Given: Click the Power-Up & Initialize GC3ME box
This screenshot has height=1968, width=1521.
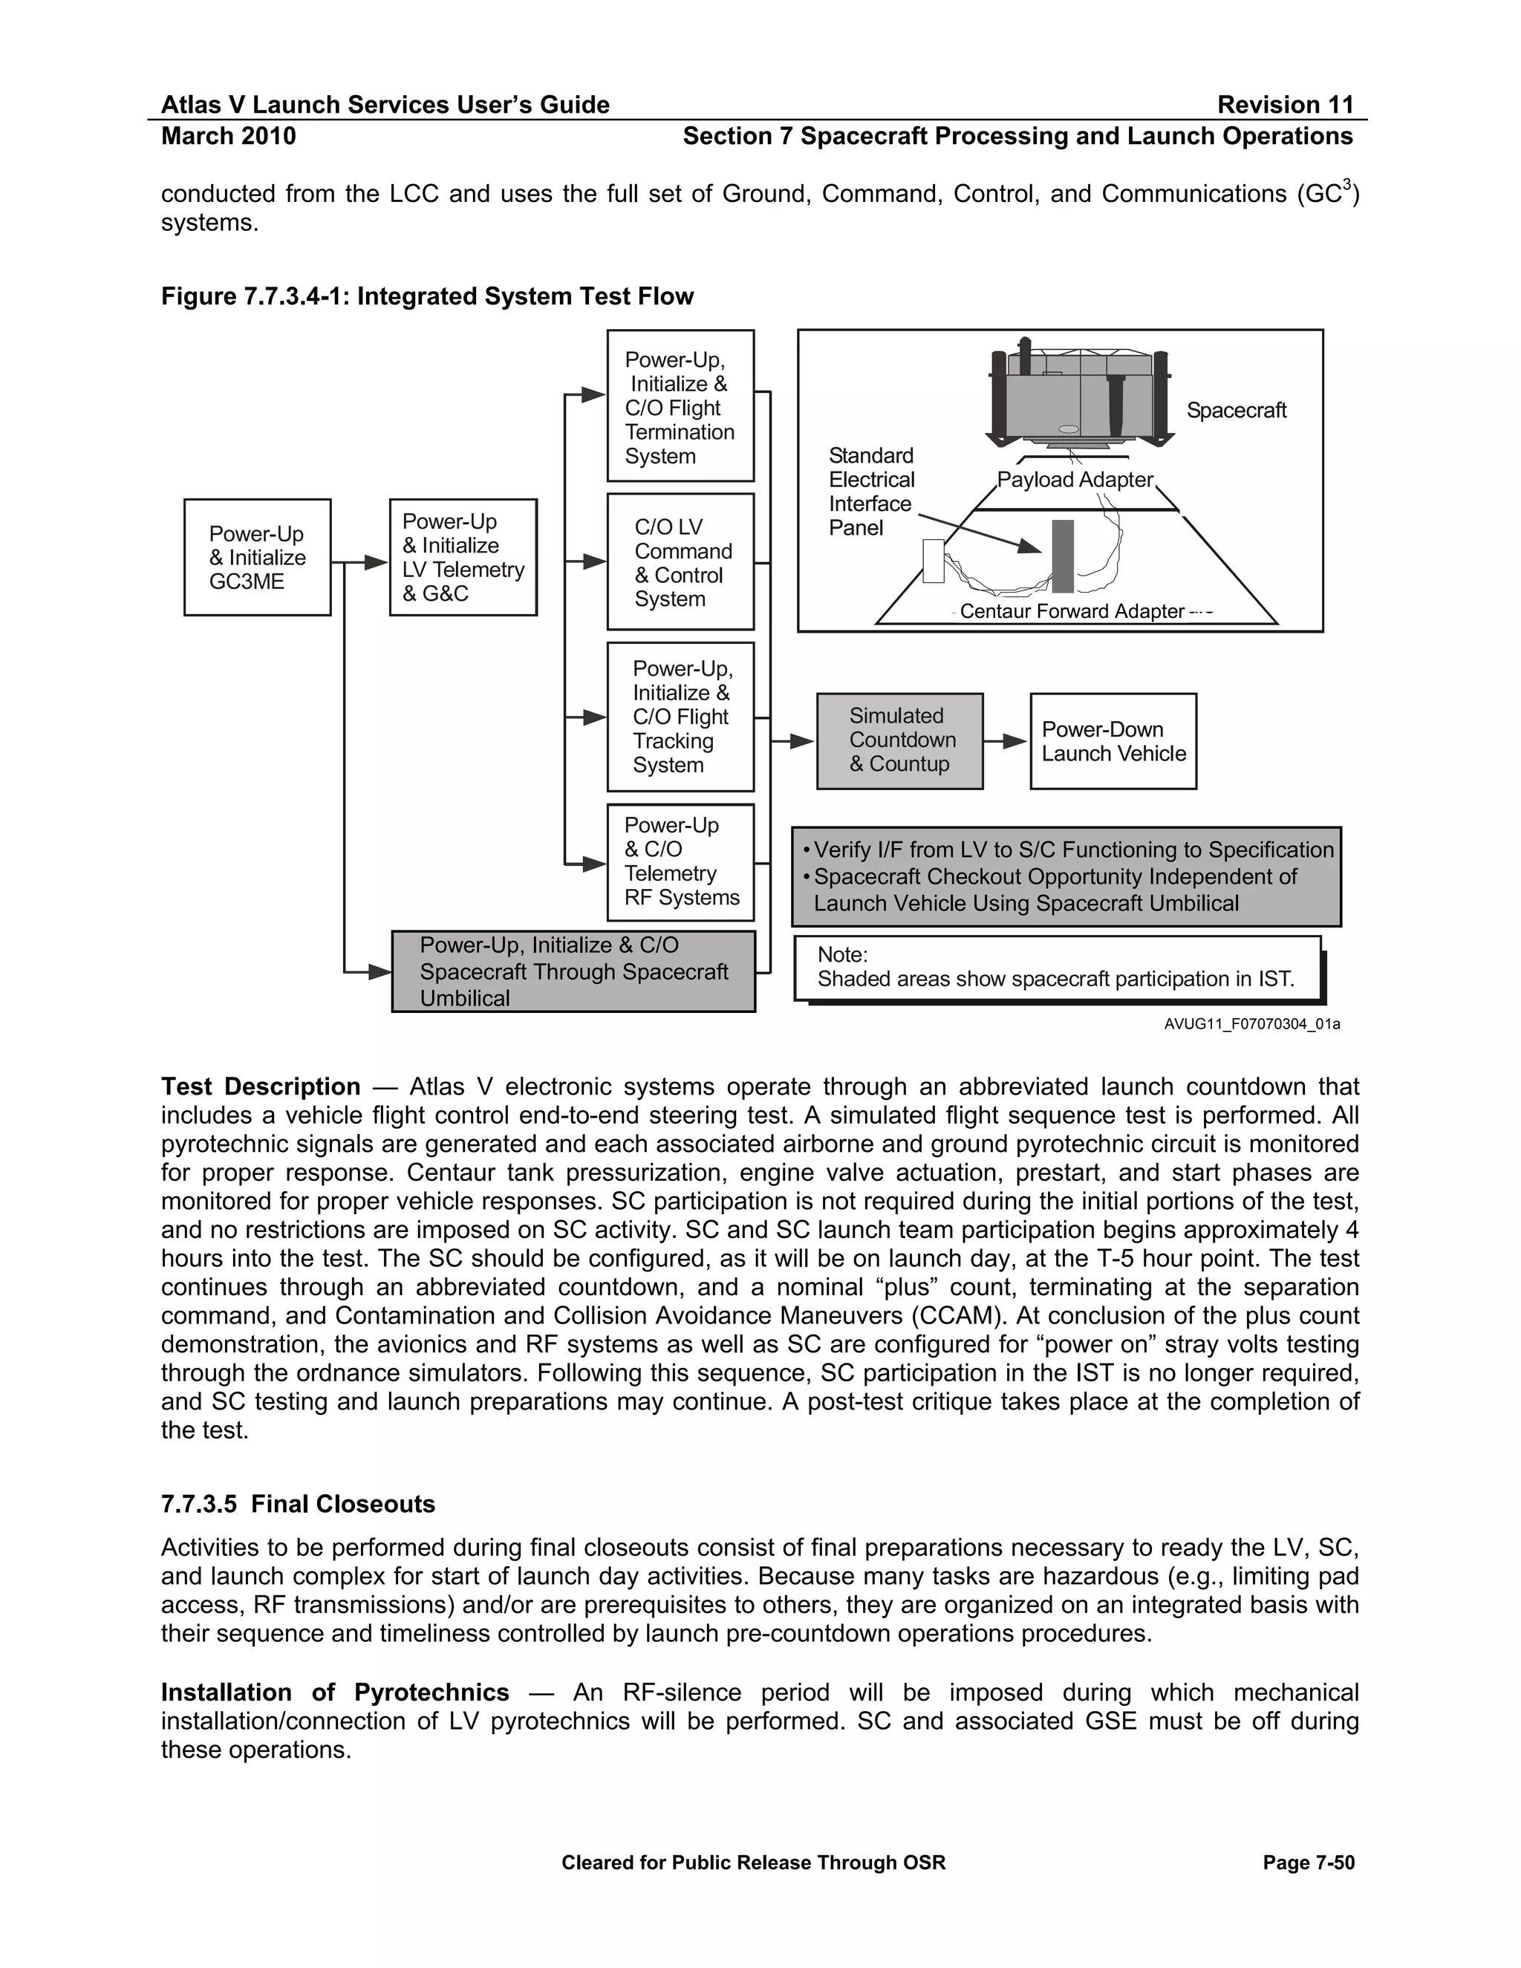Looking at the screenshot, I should [257, 557].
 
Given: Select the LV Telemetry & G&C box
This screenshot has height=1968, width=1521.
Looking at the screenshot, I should [463, 557].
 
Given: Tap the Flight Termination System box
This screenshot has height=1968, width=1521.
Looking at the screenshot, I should [680, 406].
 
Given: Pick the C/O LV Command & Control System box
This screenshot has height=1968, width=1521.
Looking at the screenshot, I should [680, 561].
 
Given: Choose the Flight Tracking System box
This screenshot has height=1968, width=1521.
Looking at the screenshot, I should [680, 717].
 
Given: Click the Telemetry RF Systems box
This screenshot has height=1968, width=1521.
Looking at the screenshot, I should [680, 861].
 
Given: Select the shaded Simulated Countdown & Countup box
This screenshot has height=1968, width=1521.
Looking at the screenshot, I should [899, 740].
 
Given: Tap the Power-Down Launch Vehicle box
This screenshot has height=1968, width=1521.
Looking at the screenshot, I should [1113, 740].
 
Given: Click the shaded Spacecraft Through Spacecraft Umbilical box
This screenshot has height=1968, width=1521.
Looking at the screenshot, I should [573, 971].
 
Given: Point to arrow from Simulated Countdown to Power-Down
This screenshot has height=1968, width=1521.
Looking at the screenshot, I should [1006, 740].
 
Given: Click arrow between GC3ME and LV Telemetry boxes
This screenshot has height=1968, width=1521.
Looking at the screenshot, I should [360, 563].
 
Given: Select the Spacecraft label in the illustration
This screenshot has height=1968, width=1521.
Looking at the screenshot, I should [1235, 410].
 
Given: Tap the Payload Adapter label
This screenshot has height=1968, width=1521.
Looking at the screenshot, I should [1074, 480].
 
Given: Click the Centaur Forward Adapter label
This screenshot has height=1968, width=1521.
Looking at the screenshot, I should [1072, 611].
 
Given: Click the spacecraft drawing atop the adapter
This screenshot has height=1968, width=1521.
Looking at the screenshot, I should [1079, 397].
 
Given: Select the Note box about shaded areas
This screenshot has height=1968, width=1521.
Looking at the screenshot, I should [1057, 968].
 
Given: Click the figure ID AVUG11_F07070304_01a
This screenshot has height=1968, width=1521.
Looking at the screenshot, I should [1251, 1023].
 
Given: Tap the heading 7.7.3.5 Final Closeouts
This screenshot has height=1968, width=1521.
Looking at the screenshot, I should [297, 1504].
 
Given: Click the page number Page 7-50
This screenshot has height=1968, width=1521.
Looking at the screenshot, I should [1309, 1863].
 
